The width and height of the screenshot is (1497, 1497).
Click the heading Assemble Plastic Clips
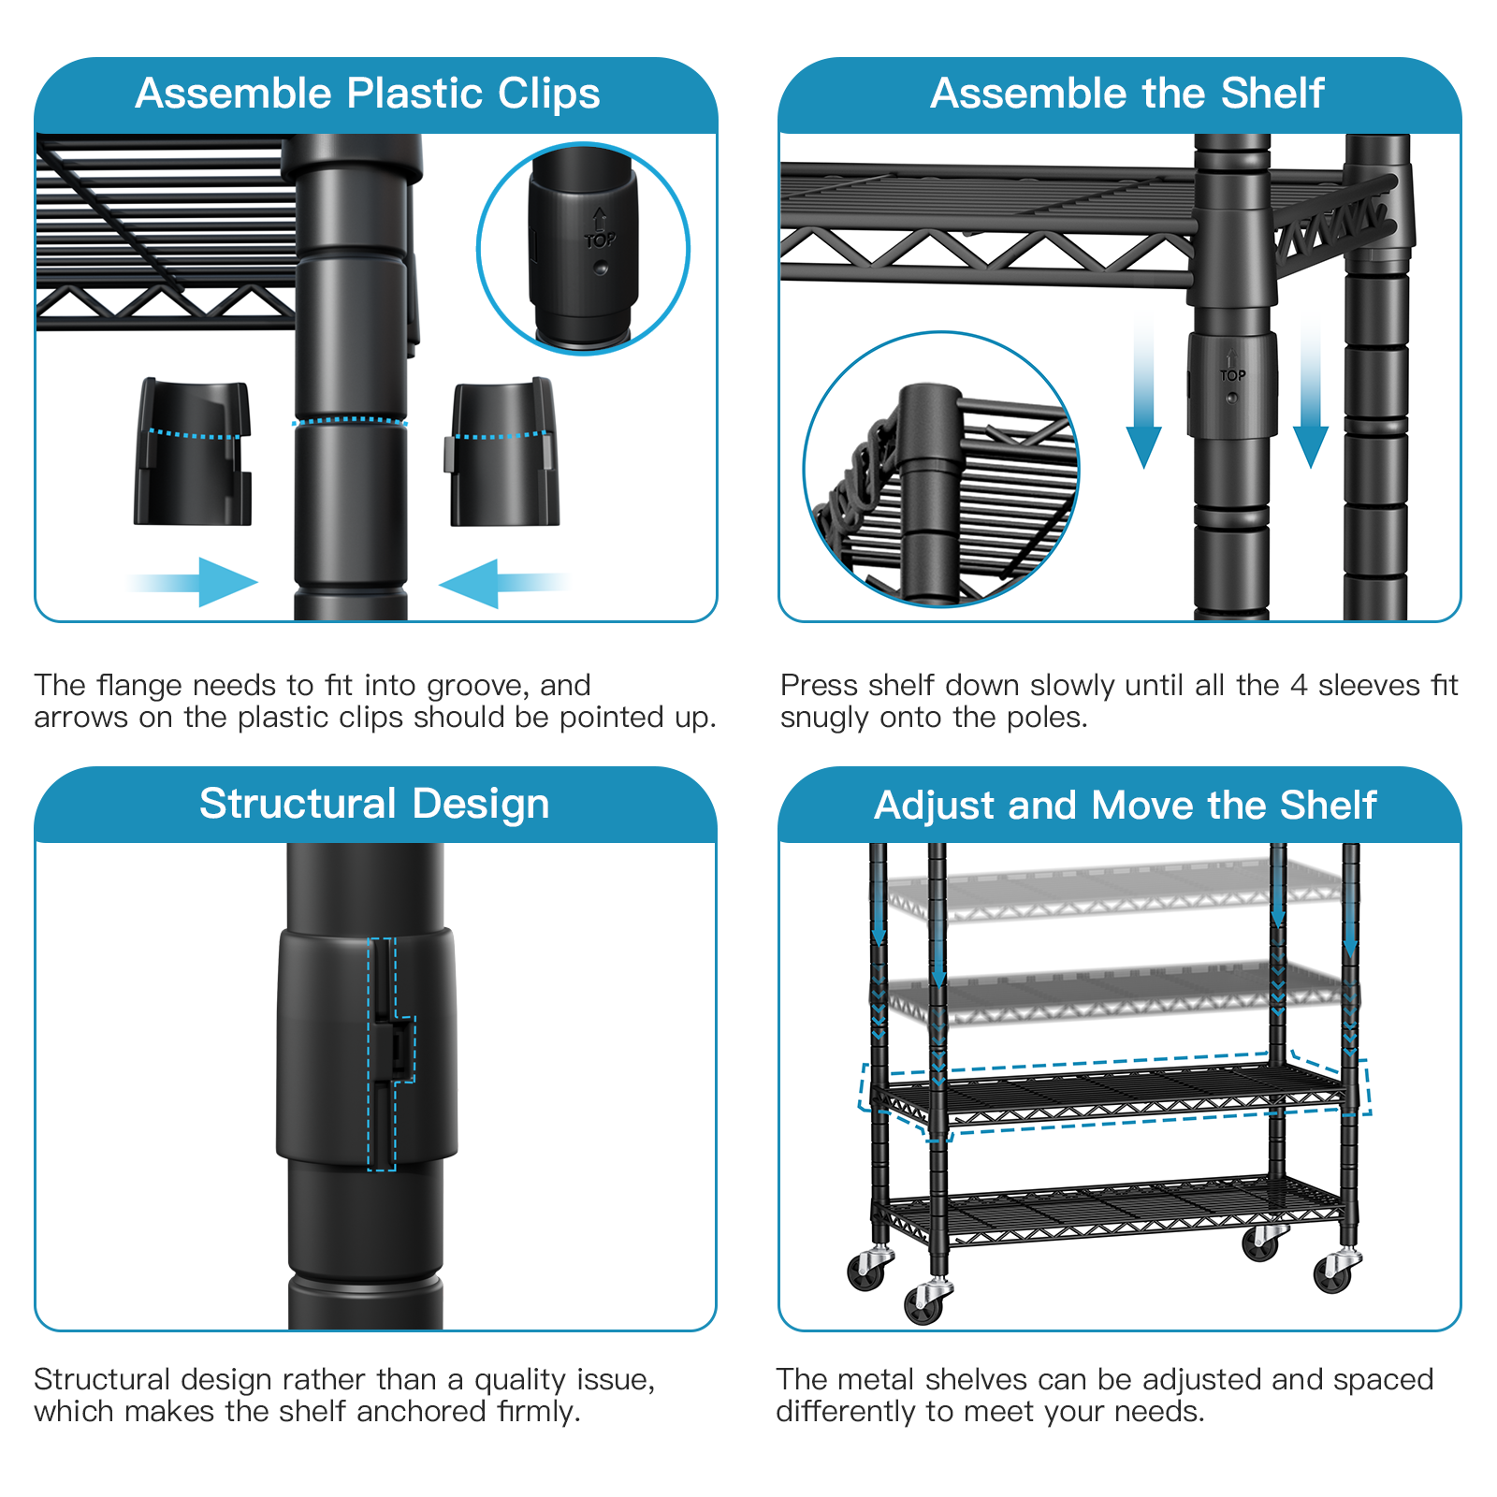[x=368, y=94]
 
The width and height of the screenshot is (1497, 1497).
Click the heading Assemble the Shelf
[x=1126, y=94]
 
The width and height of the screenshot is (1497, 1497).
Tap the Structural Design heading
[x=374, y=804]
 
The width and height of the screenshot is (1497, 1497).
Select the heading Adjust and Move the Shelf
[x=1125, y=806]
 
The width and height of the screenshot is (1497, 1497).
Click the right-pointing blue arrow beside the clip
[x=202, y=582]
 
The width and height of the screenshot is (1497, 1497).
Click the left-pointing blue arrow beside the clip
[x=496, y=583]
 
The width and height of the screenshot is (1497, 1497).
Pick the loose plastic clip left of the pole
[x=194, y=452]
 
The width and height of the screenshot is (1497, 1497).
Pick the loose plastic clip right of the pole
[x=502, y=452]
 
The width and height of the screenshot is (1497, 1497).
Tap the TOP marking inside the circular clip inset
[x=600, y=240]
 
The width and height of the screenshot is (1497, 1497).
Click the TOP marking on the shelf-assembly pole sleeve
[x=1232, y=375]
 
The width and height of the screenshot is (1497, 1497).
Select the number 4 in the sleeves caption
[x=1298, y=686]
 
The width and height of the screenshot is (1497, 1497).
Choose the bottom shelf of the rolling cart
[x=1113, y=1210]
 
